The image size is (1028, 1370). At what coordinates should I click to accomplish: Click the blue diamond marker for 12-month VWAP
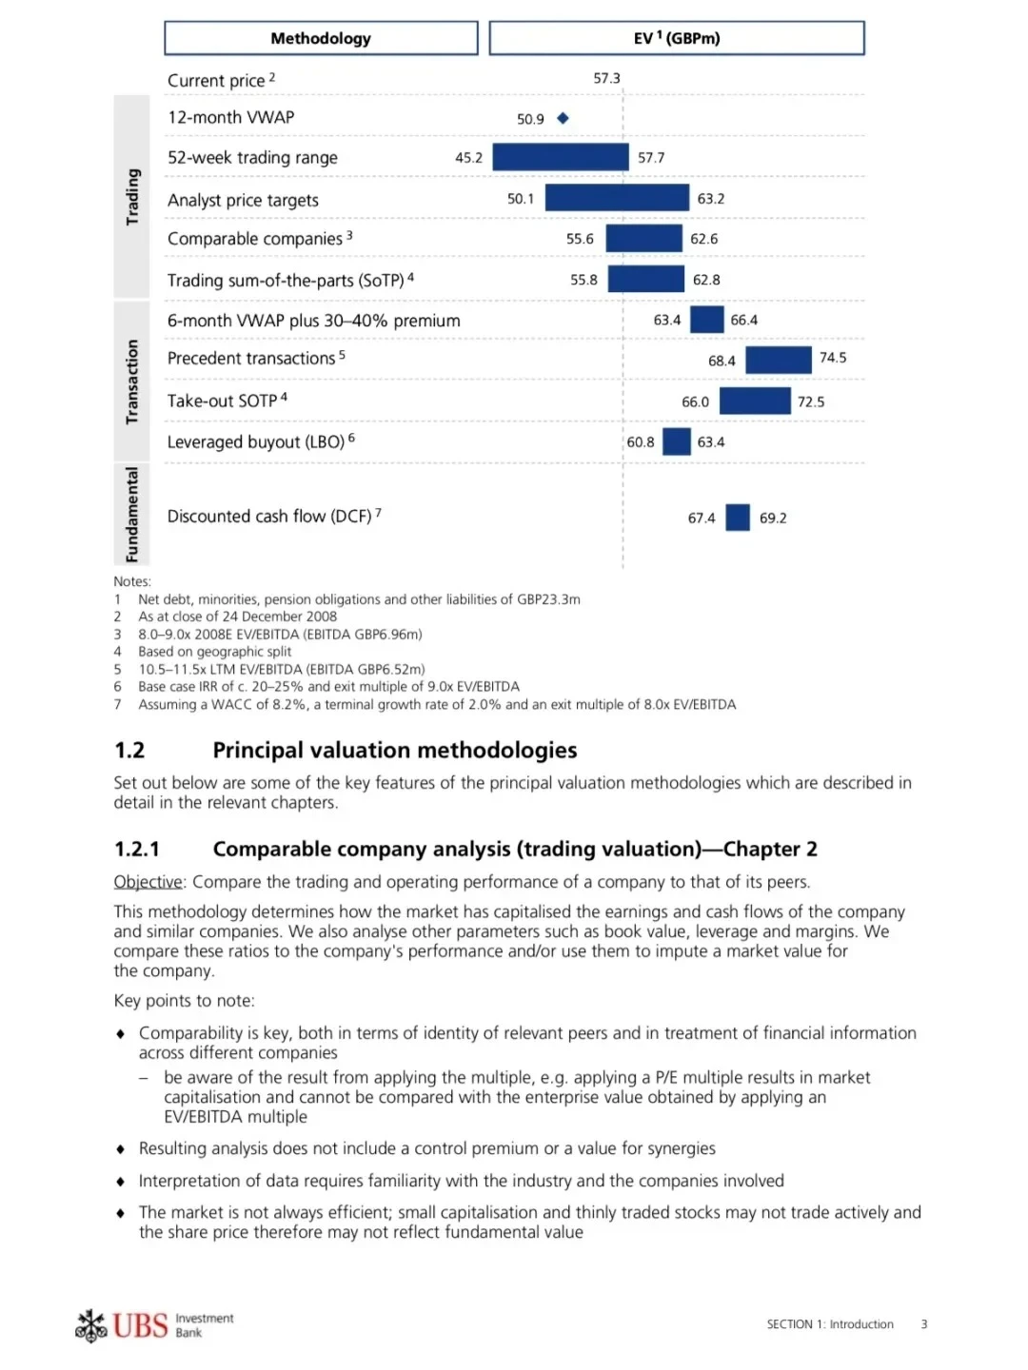point(563,118)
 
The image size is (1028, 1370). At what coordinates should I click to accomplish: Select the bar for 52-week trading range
point(561,157)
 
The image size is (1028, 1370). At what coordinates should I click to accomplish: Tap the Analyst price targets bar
point(617,198)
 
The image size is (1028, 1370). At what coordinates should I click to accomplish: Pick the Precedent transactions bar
point(779,360)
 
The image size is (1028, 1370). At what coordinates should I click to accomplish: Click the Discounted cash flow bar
point(738,518)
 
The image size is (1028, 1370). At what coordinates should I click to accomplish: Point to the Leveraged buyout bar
point(677,441)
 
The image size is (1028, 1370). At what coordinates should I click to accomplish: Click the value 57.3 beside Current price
point(606,78)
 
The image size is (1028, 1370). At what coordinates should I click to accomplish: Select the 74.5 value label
point(833,358)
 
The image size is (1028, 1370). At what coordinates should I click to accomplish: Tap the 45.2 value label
point(468,158)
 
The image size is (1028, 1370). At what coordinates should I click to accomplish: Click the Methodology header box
point(321,38)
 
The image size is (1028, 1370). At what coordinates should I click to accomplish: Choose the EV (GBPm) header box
point(677,38)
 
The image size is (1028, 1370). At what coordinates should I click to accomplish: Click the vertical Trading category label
point(132,197)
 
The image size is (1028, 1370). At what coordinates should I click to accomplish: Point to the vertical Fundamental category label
point(132,515)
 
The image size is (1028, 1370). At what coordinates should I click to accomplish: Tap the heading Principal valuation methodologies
point(394,751)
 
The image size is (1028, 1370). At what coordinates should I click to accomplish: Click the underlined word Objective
point(148,882)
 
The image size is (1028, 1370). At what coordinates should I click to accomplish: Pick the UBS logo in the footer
point(139,1324)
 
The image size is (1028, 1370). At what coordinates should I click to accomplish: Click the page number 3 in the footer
point(923,1324)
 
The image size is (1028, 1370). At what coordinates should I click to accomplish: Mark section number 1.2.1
point(137,850)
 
